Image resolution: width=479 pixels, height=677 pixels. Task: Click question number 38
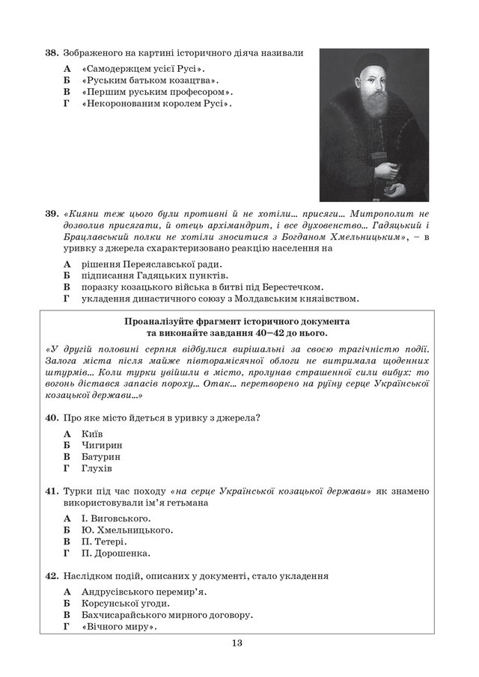pos(52,53)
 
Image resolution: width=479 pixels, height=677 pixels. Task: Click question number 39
pos(52,214)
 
